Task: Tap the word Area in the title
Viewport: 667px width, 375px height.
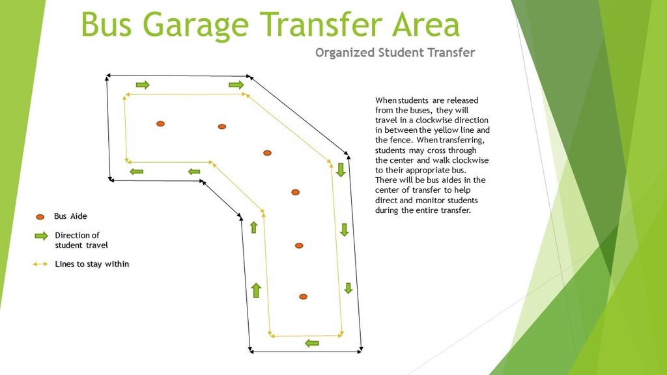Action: (x=426, y=24)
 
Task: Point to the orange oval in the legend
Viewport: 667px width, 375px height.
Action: (x=40, y=217)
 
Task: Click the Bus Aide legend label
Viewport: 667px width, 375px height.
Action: (x=70, y=216)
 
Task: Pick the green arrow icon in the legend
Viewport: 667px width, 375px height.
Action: (x=41, y=236)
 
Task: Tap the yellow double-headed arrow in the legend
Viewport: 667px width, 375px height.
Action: (x=40, y=264)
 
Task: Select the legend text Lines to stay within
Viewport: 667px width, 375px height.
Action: (x=92, y=264)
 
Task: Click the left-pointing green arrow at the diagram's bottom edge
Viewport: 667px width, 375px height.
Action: (x=312, y=343)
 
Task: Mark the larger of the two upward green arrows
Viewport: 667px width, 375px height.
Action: (x=256, y=290)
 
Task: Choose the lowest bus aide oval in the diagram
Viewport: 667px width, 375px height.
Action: (x=303, y=297)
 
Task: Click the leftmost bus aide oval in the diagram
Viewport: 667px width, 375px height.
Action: (x=160, y=124)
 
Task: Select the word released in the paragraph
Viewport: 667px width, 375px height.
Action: (x=461, y=100)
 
